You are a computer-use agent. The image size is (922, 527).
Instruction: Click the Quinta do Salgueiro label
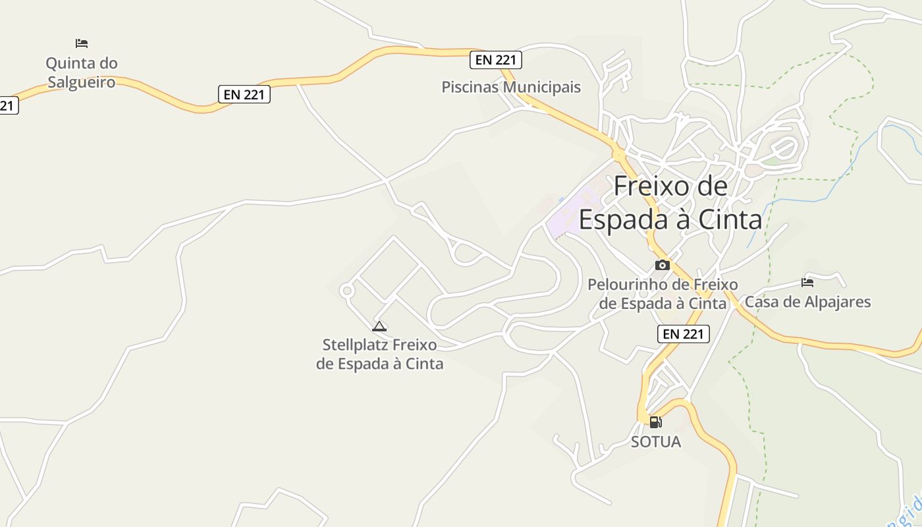(82, 72)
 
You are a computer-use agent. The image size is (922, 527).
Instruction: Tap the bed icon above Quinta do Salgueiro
(82, 43)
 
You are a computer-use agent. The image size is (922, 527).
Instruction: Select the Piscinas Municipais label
(511, 87)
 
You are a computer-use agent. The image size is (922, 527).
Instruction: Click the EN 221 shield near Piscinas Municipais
(496, 60)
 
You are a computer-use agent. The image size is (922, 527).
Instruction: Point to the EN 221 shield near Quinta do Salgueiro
(244, 94)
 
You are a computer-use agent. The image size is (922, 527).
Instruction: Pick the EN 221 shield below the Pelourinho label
(684, 334)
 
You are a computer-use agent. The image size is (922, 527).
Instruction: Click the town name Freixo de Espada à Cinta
(670, 203)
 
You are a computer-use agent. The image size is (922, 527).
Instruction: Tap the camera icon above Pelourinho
(663, 265)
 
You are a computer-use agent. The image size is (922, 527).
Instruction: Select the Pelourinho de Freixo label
(663, 294)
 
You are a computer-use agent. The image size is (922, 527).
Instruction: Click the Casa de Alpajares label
(807, 302)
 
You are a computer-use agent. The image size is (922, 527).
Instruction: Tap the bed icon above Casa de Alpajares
(807, 283)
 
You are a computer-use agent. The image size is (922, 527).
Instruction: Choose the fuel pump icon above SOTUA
(655, 422)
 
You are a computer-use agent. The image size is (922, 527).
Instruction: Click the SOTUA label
(656, 442)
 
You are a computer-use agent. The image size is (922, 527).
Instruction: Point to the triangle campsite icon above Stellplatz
(379, 326)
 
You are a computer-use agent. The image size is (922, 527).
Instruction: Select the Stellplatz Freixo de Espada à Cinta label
(379, 354)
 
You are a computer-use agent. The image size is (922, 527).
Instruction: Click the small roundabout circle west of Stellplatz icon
(347, 291)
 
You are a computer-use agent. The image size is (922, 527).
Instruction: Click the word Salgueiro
(82, 82)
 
